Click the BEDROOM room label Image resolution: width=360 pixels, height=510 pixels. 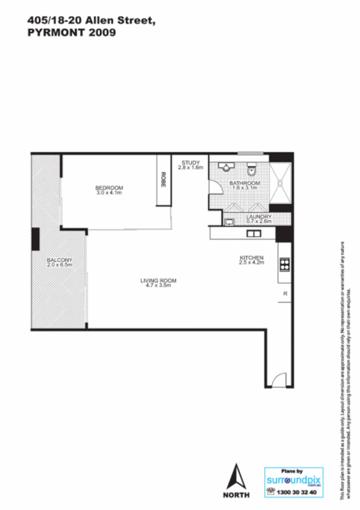click(109, 186)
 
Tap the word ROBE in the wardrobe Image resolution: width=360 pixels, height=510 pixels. click(162, 179)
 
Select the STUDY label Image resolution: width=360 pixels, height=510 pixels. click(190, 162)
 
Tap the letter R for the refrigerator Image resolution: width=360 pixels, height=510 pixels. click(285, 293)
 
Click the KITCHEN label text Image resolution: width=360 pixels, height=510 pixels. click(251, 257)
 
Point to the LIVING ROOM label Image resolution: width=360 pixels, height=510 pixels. click(159, 280)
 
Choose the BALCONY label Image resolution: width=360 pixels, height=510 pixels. click(59, 260)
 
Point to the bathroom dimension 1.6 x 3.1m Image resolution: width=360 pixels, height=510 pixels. click(245, 188)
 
